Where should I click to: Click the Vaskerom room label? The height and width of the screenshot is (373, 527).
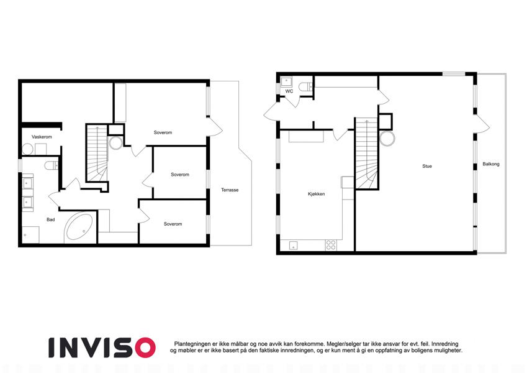[42, 137]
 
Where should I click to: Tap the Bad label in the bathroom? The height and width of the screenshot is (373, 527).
[51, 219]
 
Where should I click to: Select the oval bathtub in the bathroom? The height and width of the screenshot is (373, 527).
[79, 226]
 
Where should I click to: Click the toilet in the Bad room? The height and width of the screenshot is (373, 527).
[51, 165]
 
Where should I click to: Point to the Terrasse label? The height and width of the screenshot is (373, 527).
[230, 190]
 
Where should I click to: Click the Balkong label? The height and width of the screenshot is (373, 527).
[491, 164]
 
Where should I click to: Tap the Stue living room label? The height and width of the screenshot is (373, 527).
[427, 166]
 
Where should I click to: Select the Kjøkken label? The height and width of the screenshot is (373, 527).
[317, 194]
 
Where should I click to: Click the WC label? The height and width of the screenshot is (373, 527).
[289, 91]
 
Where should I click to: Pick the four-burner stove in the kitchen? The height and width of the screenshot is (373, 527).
[331, 245]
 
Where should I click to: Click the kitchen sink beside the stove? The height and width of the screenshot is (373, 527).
[294, 246]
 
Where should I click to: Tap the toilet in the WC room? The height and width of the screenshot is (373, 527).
[305, 86]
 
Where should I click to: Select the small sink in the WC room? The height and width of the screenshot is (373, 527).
[286, 82]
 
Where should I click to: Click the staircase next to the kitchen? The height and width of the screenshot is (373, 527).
[366, 153]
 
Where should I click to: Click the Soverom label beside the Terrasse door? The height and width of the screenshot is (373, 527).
[163, 132]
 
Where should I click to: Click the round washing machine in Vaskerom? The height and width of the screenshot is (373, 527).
[27, 149]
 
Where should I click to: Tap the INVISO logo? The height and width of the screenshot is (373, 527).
[102, 348]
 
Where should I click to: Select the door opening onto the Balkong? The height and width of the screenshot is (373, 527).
[481, 125]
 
